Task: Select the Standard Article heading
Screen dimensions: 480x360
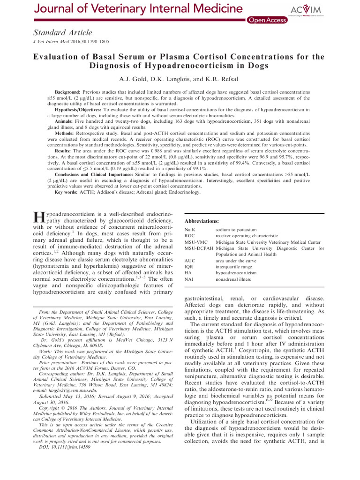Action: (x=62, y=32)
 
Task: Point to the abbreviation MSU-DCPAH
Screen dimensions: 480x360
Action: (x=199, y=248)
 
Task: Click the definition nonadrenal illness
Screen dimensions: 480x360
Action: (x=233, y=279)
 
